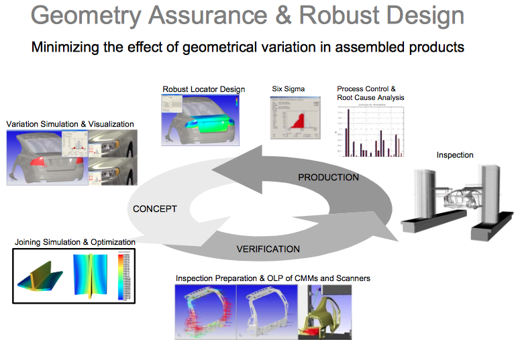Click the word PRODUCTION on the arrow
click(328, 177)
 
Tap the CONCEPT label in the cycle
click(155, 209)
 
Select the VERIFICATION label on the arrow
click(268, 249)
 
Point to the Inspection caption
click(455, 155)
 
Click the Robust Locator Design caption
click(203, 89)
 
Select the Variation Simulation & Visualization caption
click(70, 124)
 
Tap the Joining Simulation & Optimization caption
click(74, 242)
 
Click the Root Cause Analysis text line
click(370, 97)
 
